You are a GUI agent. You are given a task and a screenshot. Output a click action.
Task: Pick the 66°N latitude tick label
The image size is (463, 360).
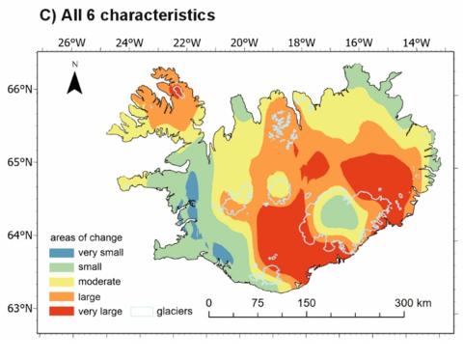coord(21,89)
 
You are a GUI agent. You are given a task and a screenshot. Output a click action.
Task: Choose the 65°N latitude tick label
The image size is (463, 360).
coord(21,162)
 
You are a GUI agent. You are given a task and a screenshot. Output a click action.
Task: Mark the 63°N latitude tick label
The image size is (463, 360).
coord(21,309)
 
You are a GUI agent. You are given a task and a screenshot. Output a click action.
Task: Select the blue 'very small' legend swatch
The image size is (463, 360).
coord(64,251)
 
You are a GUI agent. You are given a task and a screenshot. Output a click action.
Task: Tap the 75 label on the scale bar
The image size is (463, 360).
coord(258,303)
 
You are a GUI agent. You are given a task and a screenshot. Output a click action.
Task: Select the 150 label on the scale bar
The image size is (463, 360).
coord(306,303)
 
